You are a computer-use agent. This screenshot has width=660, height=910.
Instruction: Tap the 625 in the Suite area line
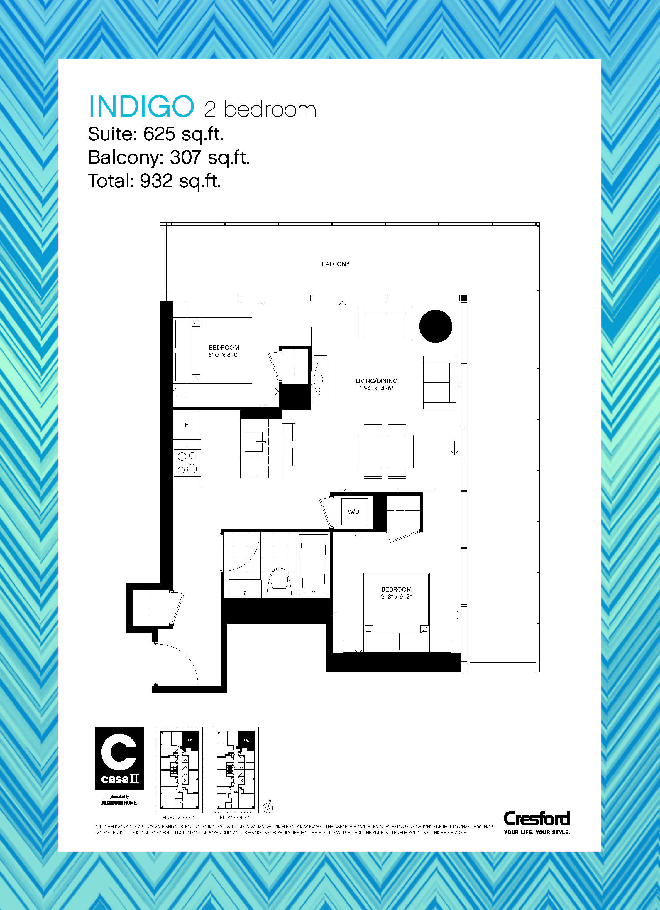159,134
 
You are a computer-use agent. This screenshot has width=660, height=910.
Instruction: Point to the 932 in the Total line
156,181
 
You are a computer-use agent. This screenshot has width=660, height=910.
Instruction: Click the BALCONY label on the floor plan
336,264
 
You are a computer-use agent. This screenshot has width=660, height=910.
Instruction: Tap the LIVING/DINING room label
376,381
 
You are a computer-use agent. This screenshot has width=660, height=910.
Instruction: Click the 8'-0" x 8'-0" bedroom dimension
224,355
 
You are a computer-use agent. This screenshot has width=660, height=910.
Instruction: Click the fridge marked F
187,425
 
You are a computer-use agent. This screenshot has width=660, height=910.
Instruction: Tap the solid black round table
436,326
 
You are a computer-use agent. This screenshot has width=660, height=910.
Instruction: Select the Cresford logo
537,820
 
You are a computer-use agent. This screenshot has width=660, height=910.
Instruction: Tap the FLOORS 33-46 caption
178,817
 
